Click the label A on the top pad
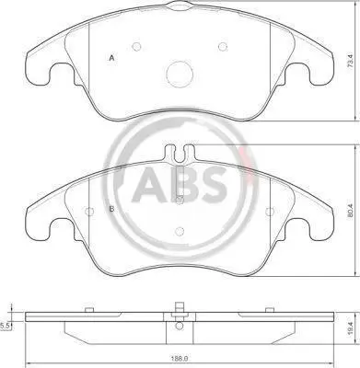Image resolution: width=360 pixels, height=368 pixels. tap(112, 58)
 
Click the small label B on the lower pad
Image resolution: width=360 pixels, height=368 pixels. tap(112, 209)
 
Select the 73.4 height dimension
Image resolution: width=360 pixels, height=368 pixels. tap(352, 62)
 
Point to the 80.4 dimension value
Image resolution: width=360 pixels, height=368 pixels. tap(350, 212)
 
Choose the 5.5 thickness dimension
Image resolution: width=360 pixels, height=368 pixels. tap(5, 327)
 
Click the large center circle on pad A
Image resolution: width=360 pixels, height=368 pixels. tap(180, 75)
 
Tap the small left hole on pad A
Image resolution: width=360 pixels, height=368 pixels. tap(136, 47)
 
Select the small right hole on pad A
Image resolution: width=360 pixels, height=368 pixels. tap(223, 47)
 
